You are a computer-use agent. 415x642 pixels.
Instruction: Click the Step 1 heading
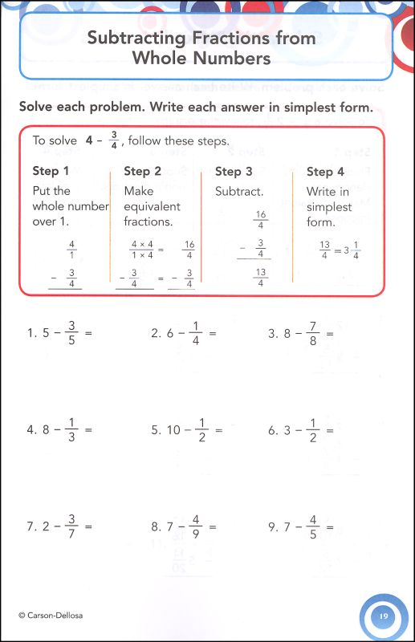51,171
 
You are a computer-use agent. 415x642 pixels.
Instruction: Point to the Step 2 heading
143,171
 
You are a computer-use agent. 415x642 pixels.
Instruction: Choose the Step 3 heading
234,171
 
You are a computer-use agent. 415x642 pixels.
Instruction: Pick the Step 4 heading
325,171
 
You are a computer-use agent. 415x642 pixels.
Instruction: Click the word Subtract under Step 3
239,191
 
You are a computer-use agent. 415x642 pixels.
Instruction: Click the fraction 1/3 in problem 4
72,429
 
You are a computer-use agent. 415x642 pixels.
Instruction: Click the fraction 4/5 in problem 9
314,526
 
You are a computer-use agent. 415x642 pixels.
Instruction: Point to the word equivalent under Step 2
153,206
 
